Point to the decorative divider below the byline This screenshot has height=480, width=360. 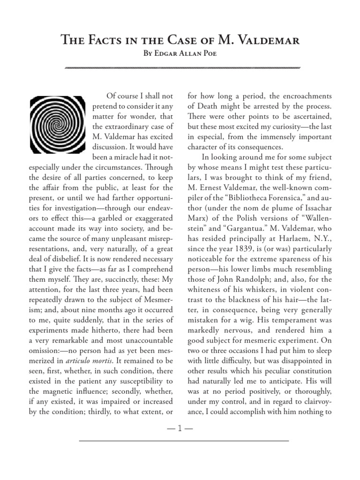(180, 68)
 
